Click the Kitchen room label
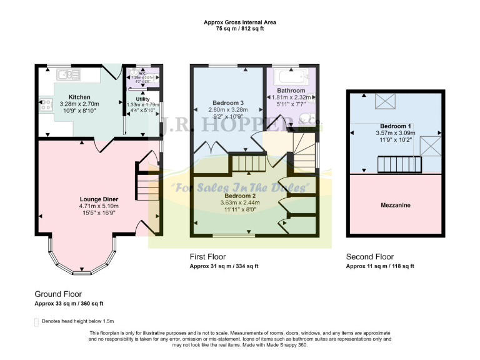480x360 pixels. (x=80, y=97)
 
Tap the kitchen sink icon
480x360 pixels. (x=66, y=76)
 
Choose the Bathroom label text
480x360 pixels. (x=291, y=91)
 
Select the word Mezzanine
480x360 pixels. (x=395, y=205)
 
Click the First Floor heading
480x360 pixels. (x=208, y=257)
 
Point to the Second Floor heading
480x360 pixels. (x=370, y=257)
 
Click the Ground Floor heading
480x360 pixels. (x=58, y=293)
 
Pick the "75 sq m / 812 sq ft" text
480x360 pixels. (x=240, y=29)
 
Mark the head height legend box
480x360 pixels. (x=36, y=321)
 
